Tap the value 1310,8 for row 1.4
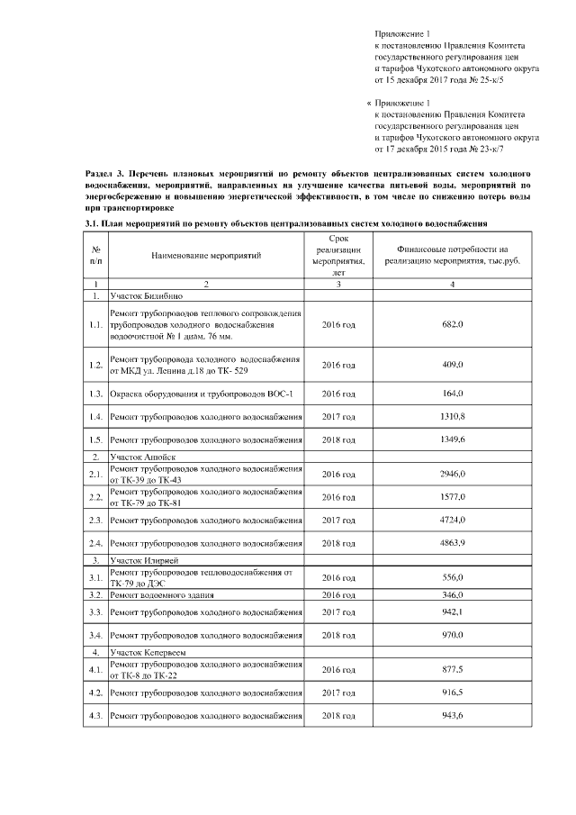click(x=452, y=417)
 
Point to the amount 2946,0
click(x=452, y=474)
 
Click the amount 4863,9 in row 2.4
click(x=452, y=543)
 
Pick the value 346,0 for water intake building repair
click(x=452, y=596)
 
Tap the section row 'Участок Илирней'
click(x=144, y=561)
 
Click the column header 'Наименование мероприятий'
click(x=206, y=256)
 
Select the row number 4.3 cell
click(x=95, y=716)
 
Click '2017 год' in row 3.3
click(x=338, y=612)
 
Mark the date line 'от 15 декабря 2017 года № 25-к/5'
click(x=444, y=79)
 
